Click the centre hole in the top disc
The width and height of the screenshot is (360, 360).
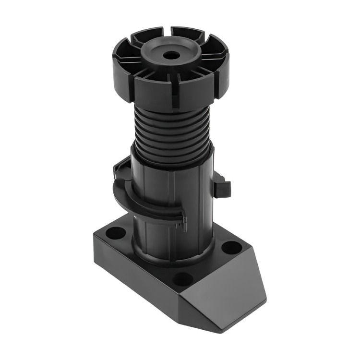[x=171, y=55]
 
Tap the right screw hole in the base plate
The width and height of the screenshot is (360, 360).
[x=232, y=248]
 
